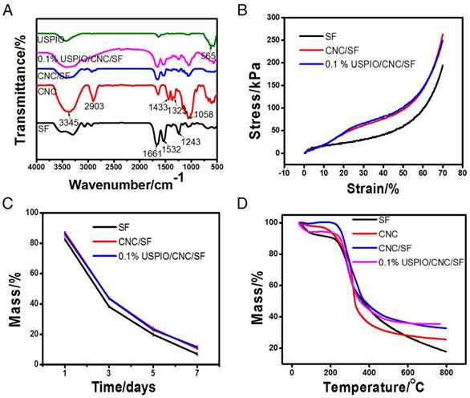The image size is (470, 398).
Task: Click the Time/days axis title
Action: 130,386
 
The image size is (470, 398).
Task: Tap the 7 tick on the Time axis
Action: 214,372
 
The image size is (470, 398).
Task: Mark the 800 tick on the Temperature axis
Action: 445,372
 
